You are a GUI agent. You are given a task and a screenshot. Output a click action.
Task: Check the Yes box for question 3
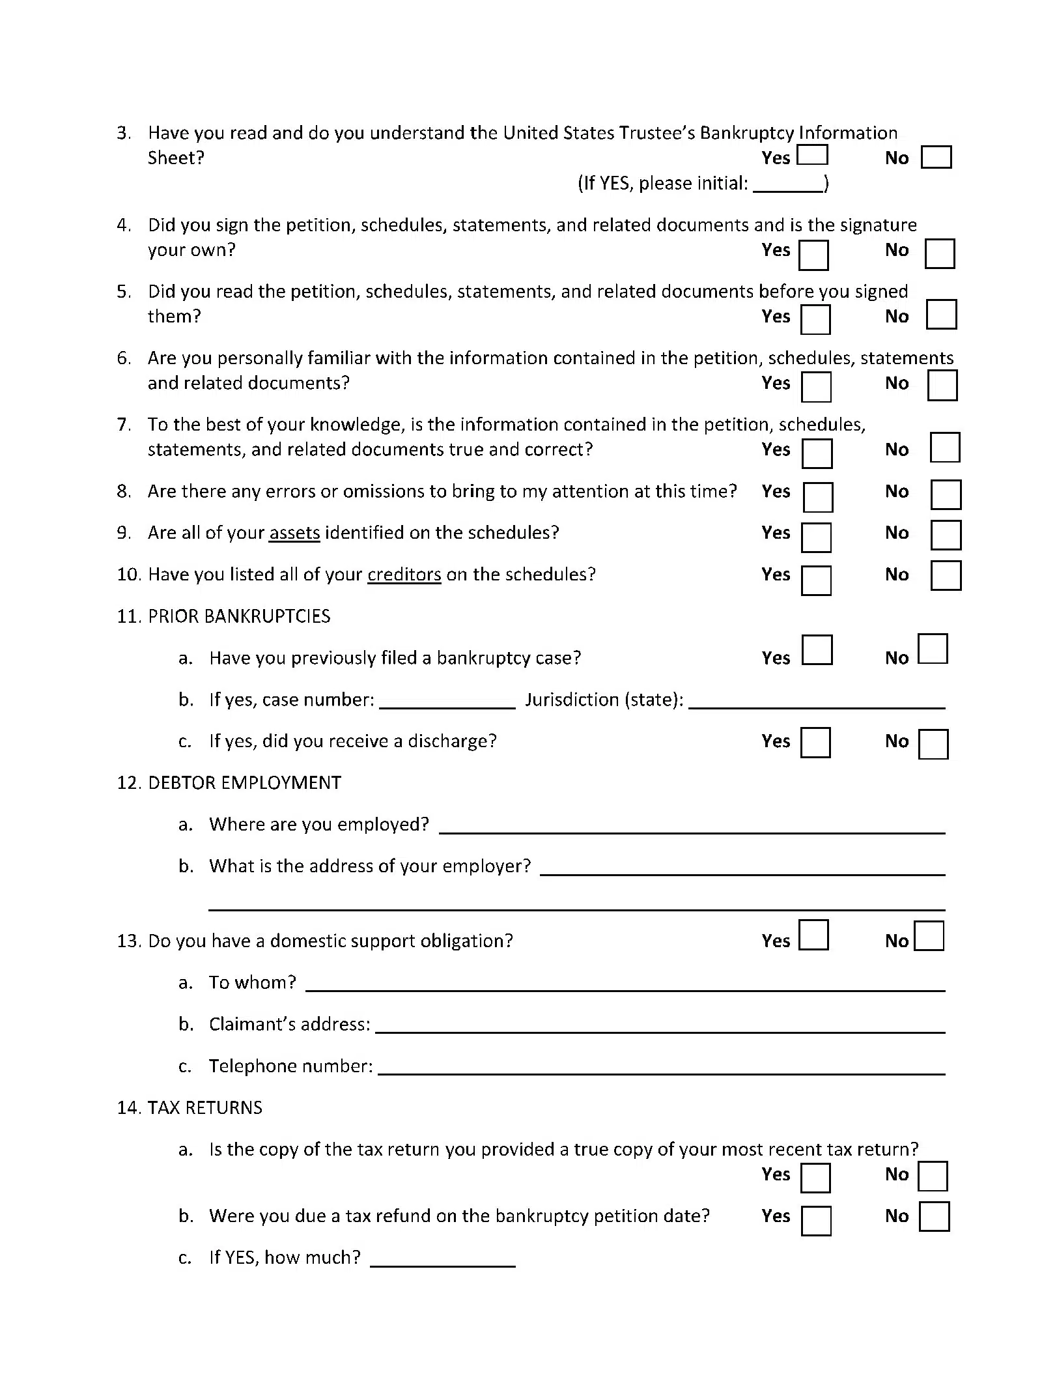[x=812, y=155]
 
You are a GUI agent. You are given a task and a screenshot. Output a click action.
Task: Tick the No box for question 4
[x=939, y=253]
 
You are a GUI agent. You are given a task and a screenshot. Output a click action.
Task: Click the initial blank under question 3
[x=788, y=184]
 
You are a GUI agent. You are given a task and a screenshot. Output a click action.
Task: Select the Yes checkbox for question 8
[x=817, y=497]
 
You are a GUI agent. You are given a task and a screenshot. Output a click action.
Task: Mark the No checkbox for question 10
[x=946, y=575]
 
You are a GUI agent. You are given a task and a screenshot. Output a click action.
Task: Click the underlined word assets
[x=294, y=533]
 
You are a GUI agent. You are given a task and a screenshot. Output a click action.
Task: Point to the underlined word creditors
[x=404, y=575]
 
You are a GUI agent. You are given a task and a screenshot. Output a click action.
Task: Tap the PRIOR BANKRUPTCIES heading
[x=239, y=616]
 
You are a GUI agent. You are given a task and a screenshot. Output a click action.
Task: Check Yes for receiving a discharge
[x=815, y=743]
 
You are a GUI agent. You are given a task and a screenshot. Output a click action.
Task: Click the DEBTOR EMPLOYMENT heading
[x=244, y=783]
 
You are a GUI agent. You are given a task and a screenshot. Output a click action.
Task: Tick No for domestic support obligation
[x=929, y=936]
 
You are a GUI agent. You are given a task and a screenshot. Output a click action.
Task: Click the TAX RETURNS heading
[x=204, y=1108]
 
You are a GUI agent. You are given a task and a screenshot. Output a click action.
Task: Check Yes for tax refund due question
[x=816, y=1221]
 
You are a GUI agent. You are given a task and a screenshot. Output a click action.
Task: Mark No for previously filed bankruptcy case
[x=933, y=649]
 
